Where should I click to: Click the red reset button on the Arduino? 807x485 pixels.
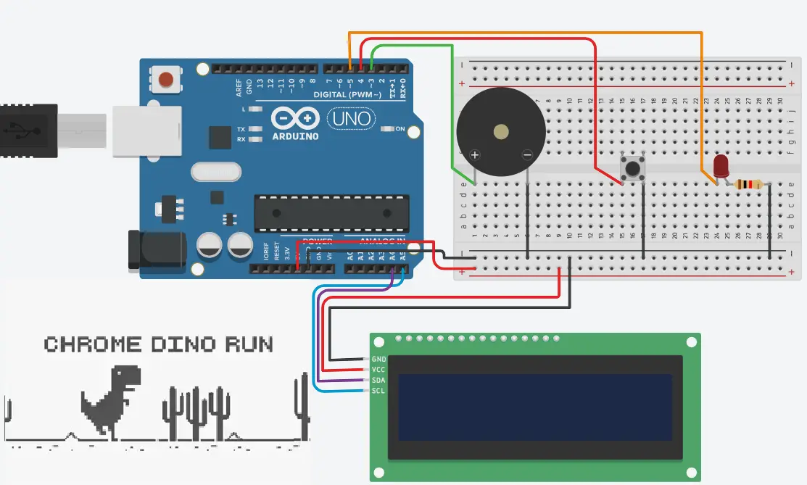click(x=167, y=79)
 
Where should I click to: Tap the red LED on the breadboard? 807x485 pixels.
click(x=721, y=166)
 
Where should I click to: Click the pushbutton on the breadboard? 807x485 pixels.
click(x=633, y=169)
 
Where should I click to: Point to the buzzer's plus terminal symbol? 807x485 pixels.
click(x=475, y=154)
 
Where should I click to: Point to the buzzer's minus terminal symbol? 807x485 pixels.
click(x=527, y=154)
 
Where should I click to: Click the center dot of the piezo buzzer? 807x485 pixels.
click(x=500, y=132)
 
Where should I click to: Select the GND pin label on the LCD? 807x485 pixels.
click(x=378, y=359)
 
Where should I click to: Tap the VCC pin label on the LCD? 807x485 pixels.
click(x=378, y=370)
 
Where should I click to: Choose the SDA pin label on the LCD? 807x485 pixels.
click(x=378, y=381)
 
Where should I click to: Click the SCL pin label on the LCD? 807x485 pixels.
click(x=378, y=391)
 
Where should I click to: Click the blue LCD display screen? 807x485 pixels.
click(x=534, y=407)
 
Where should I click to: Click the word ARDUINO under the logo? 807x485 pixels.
click(x=295, y=136)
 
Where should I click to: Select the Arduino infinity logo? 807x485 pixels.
click(x=295, y=119)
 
